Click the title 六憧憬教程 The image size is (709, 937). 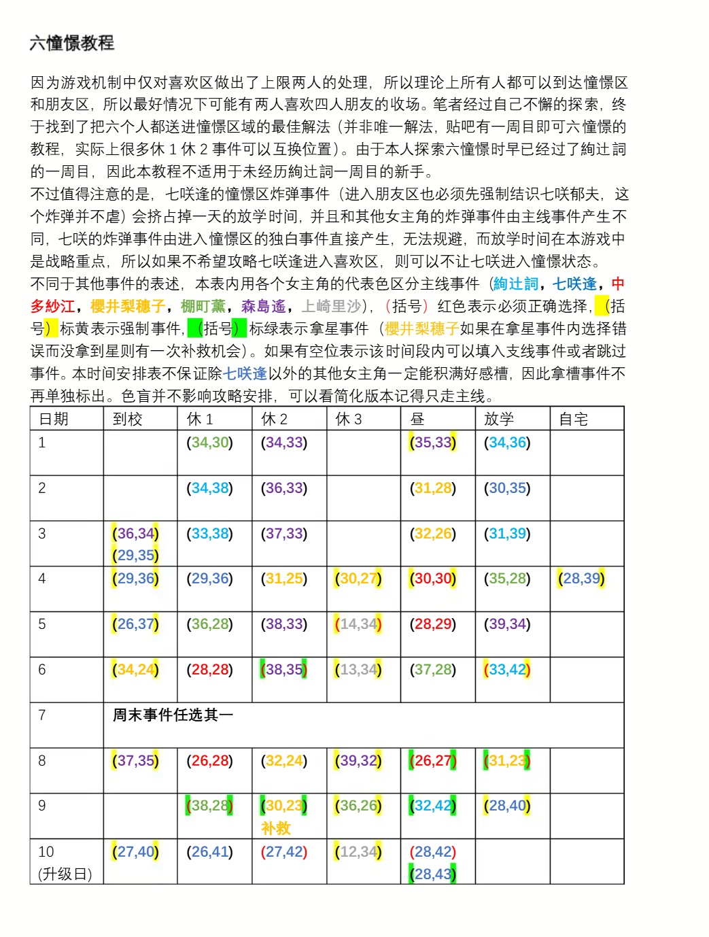click(x=71, y=43)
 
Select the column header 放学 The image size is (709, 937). click(x=498, y=419)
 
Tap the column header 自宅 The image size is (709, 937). click(x=572, y=419)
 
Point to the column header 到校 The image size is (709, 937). click(x=127, y=419)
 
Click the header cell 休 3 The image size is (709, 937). click(x=349, y=419)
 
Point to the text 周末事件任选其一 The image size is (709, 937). click(x=173, y=715)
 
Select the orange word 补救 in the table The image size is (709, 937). click(x=275, y=828)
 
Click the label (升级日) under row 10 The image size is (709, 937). click(x=65, y=874)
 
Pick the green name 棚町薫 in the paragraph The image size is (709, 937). click(x=203, y=306)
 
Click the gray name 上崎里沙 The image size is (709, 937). click(x=331, y=306)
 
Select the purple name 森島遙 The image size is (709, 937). click(x=263, y=306)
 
